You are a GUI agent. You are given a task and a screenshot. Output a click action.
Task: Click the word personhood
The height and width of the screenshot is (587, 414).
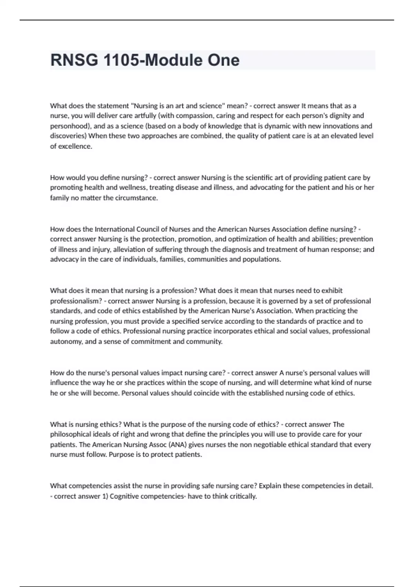click(x=69, y=126)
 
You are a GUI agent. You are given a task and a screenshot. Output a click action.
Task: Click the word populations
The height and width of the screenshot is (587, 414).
click(x=261, y=260)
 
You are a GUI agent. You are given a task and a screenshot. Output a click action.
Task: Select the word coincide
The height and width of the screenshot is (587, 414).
click(x=205, y=393)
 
